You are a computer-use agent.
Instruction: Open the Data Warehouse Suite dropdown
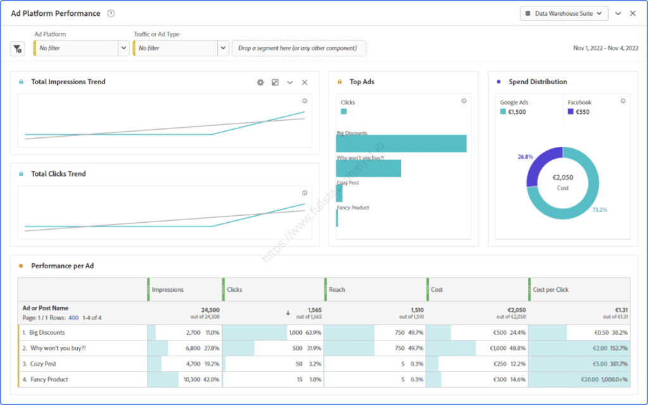[563, 13]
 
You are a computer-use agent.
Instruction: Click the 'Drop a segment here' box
[299, 48]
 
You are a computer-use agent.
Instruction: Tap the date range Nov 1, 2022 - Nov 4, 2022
[605, 48]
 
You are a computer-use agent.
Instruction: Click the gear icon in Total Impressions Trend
[260, 82]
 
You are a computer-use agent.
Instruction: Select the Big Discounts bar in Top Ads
[401, 144]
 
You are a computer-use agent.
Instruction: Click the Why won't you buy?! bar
[369, 168]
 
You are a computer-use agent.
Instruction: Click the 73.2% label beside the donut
[600, 209]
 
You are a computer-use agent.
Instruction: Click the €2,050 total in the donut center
[563, 179]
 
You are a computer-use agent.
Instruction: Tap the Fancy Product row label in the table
[49, 380]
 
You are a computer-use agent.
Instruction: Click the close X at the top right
[633, 13]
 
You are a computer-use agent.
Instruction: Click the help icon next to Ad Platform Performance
[111, 13]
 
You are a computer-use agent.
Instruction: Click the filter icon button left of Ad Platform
[18, 49]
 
